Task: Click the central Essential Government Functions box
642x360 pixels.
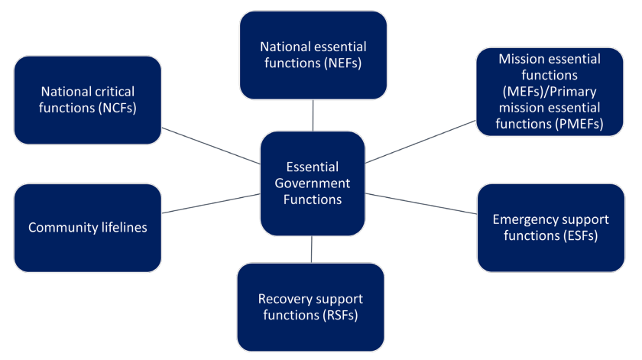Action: coord(312,183)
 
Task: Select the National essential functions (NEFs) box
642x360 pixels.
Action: coord(313,55)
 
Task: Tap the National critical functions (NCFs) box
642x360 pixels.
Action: coord(87,100)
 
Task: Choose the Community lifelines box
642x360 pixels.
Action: coord(87,228)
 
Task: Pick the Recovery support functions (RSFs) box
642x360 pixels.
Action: coord(310,306)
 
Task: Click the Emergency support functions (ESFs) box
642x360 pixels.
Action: coord(550,228)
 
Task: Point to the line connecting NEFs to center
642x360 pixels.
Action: coord(313,115)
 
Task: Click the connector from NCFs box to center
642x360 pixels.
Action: coord(211,145)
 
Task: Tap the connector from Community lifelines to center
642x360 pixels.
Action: coord(211,203)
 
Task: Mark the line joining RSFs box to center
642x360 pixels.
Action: coord(312,249)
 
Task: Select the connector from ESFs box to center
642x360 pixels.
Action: coord(421,203)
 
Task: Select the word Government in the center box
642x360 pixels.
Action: coord(312,183)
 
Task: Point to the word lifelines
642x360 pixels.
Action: coord(119,228)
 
